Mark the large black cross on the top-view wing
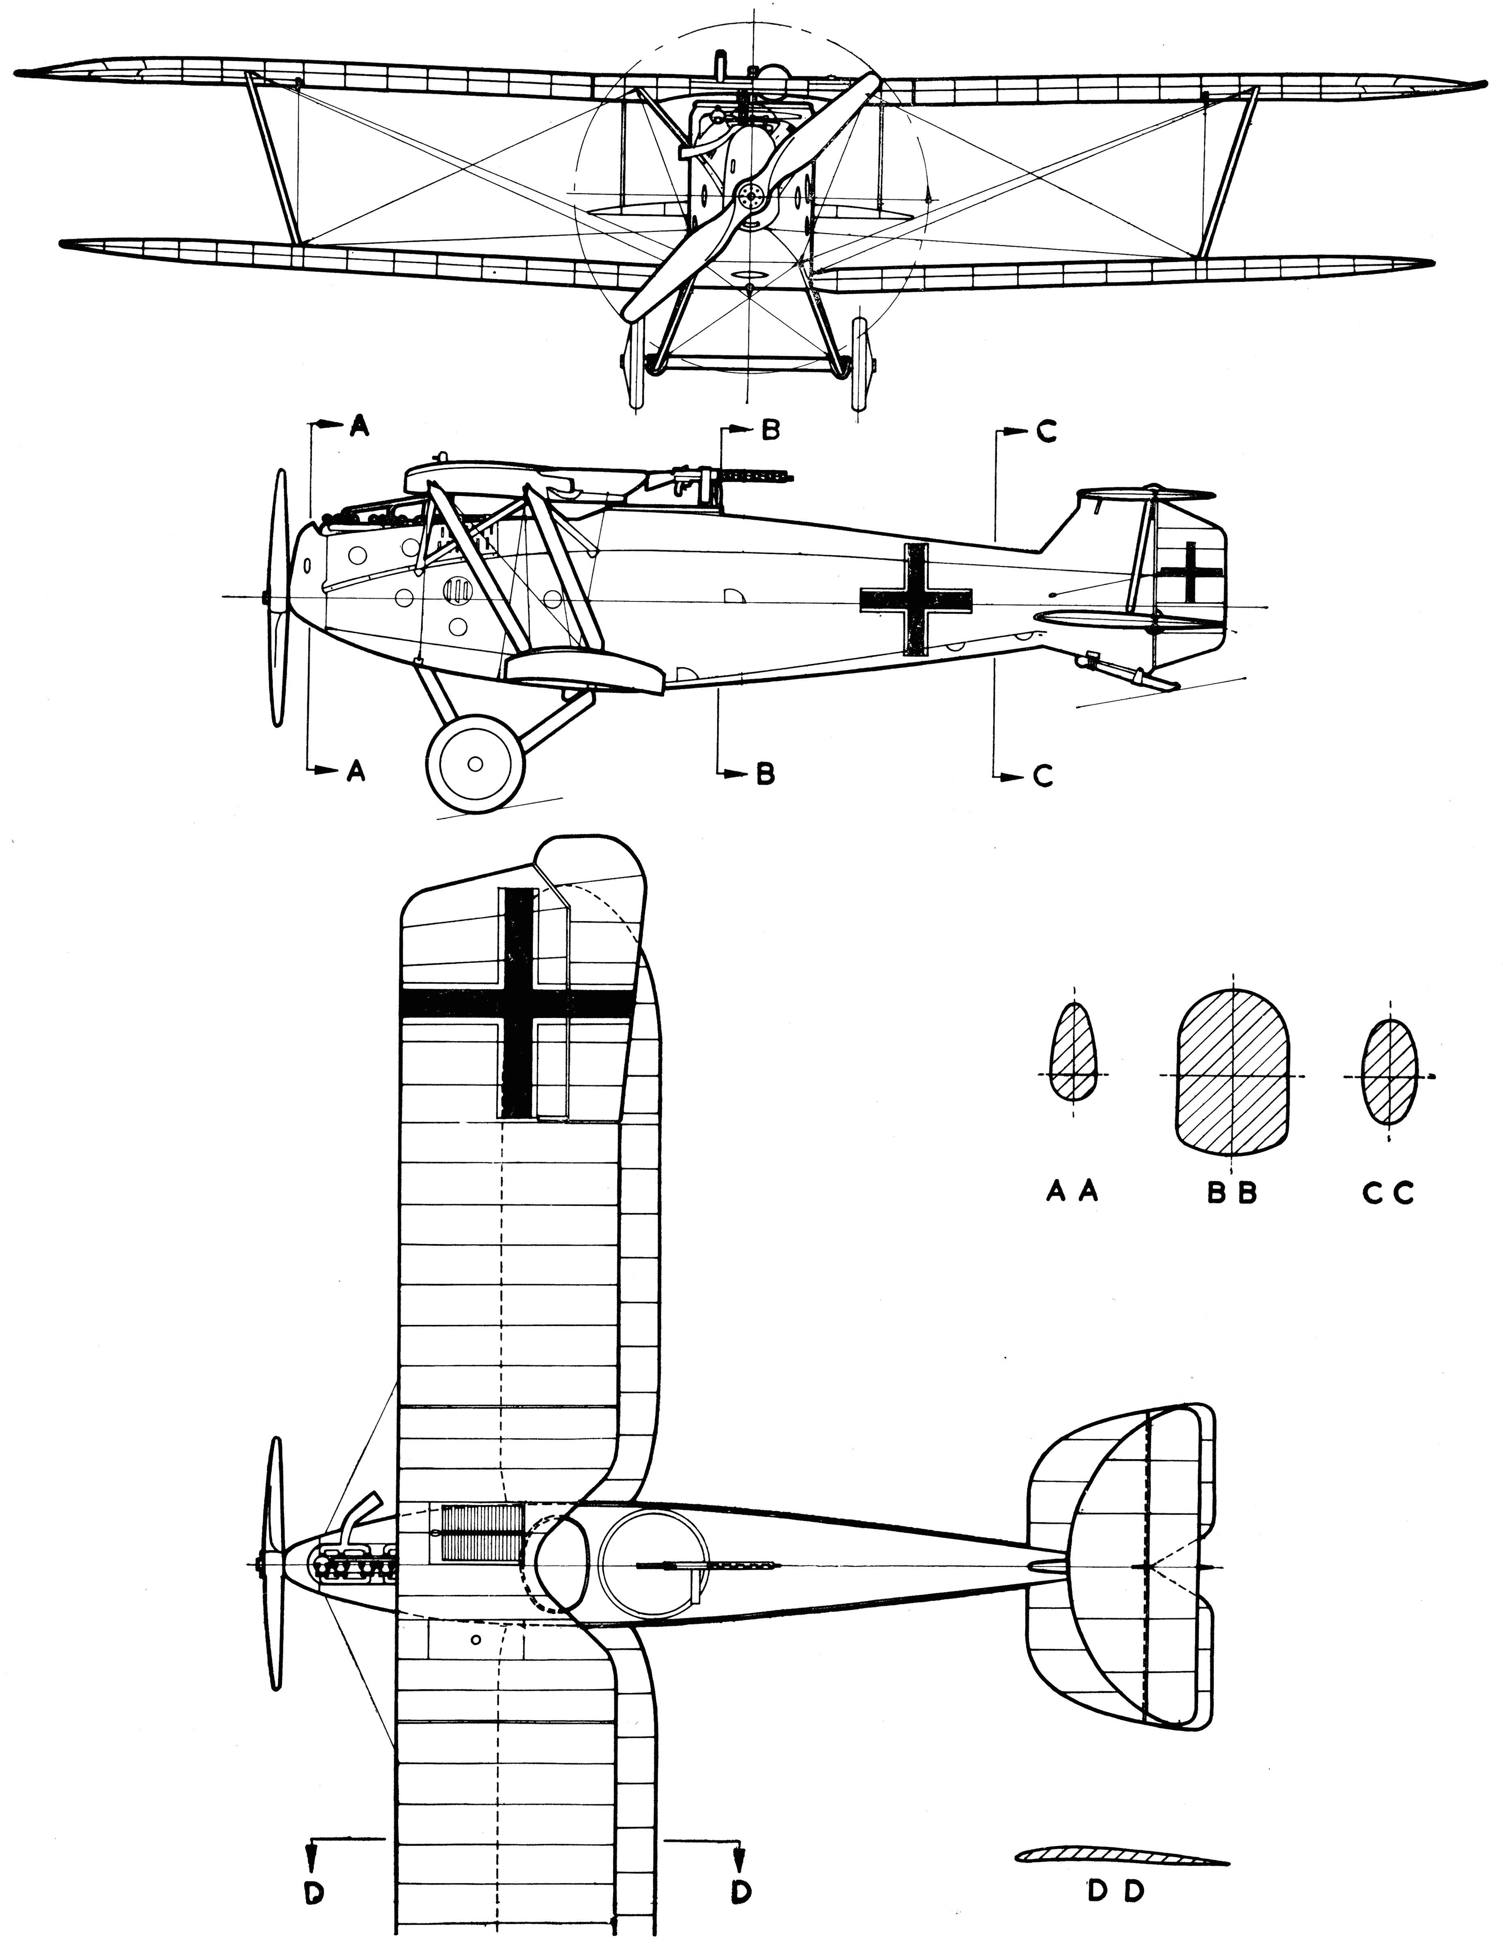click(519, 1004)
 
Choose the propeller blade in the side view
click(279, 597)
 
